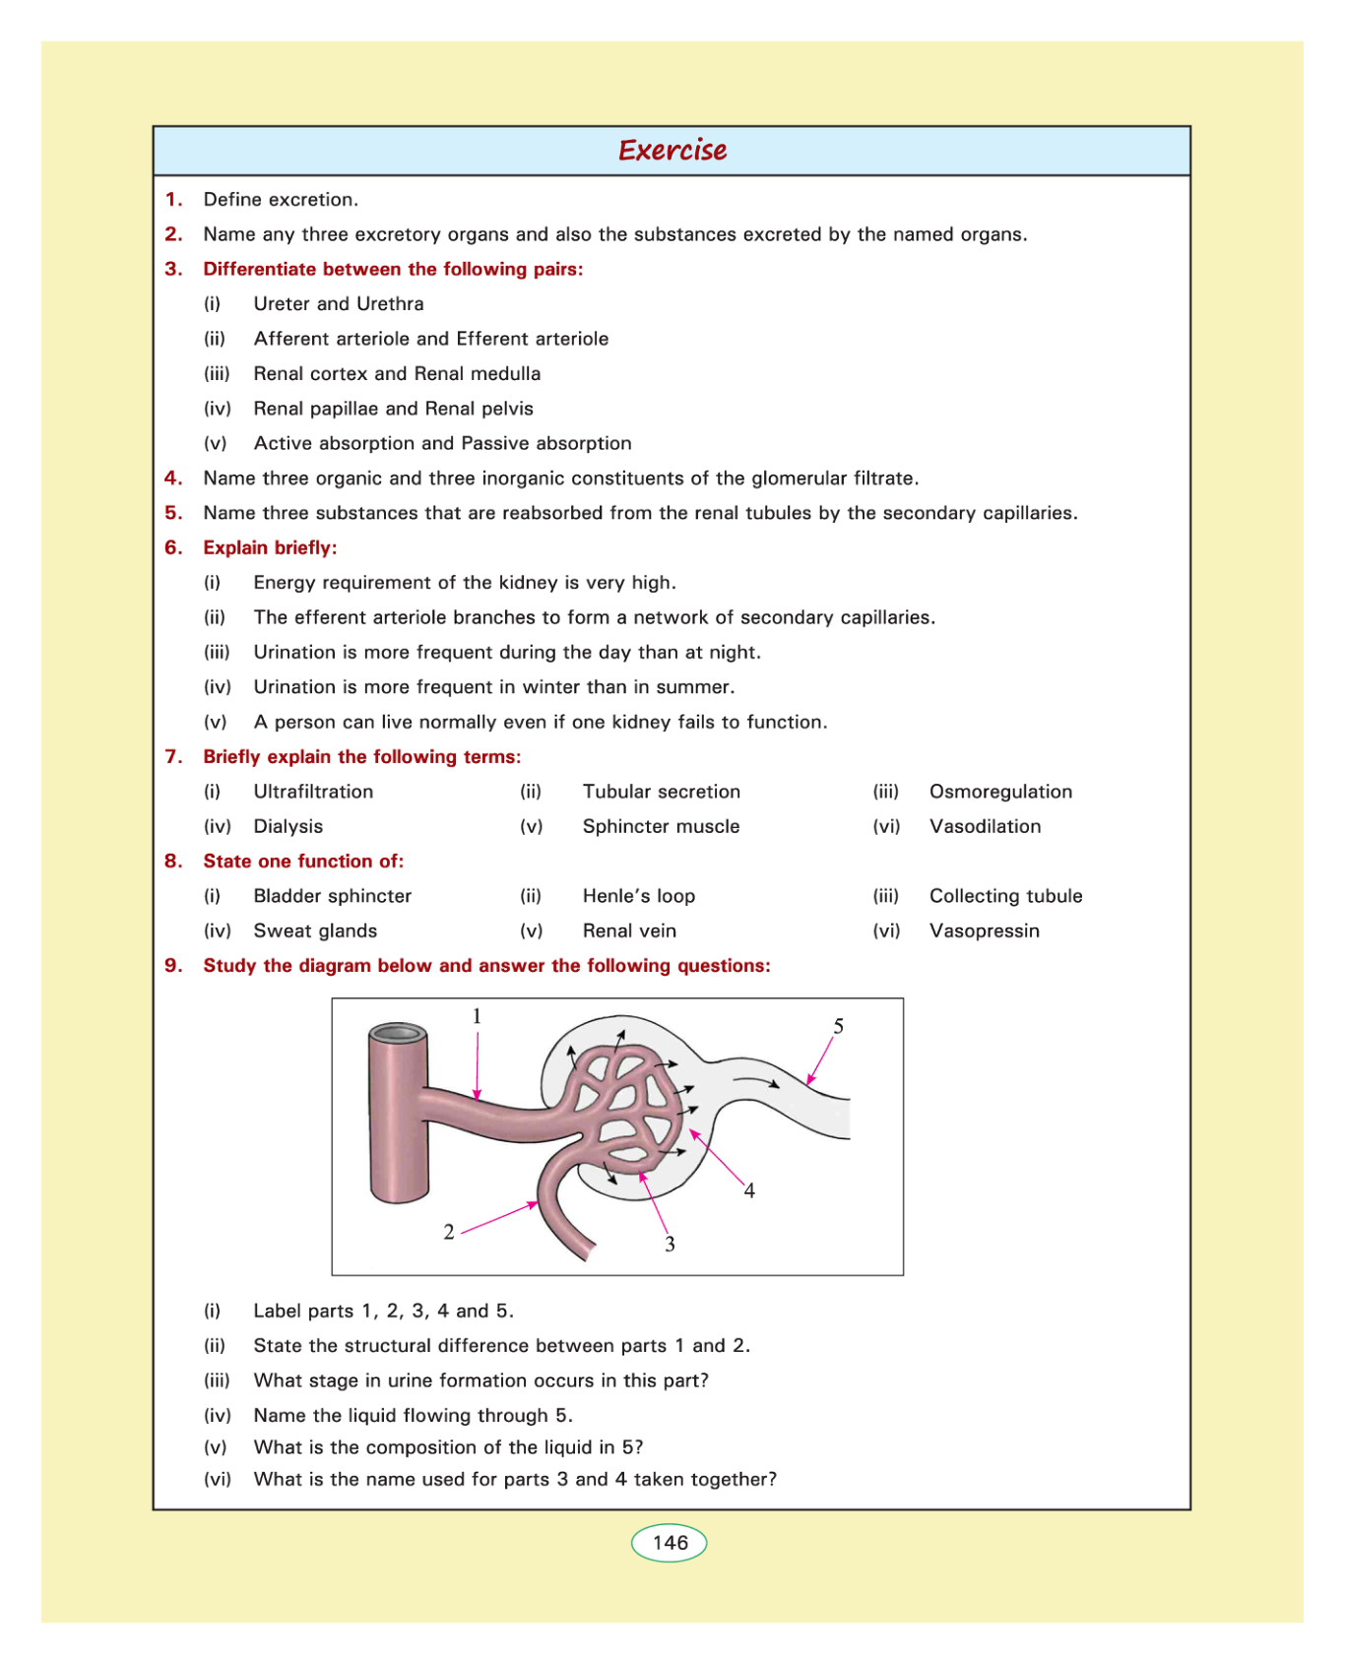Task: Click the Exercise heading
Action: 672,151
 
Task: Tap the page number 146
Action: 670,1543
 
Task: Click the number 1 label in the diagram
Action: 477,1016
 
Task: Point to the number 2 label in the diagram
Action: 449,1232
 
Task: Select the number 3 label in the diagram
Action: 670,1245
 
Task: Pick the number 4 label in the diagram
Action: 749,1191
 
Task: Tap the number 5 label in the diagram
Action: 839,1026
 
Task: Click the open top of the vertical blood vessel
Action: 399,1033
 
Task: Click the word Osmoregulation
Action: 1000,792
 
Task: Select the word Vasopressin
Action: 984,930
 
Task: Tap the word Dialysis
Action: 288,826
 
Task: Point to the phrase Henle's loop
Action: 638,896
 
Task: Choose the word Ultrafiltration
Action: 313,792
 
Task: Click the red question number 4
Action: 173,479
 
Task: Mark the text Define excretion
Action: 281,200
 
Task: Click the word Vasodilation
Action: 985,826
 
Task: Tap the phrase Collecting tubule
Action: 1005,896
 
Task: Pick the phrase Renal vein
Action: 629,930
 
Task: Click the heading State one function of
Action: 303,862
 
